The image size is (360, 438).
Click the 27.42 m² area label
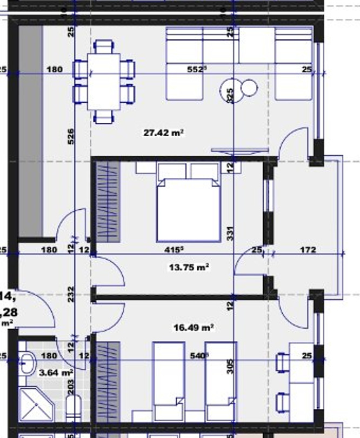pyautogui.click(x=164, y=132)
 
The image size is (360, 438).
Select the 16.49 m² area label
pyautogui.click(x=194, y=328)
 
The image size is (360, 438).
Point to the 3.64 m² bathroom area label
pyautogui.click(x=56, y=373)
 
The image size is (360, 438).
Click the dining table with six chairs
pyautogui.click(x=104, y=81)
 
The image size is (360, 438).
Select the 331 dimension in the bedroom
pyautogui.click(x=230, y=234)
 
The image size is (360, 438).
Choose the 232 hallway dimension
pyautogui.click(x=71, y=293)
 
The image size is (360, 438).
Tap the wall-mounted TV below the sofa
pyautogui.click(x=232, y=150)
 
